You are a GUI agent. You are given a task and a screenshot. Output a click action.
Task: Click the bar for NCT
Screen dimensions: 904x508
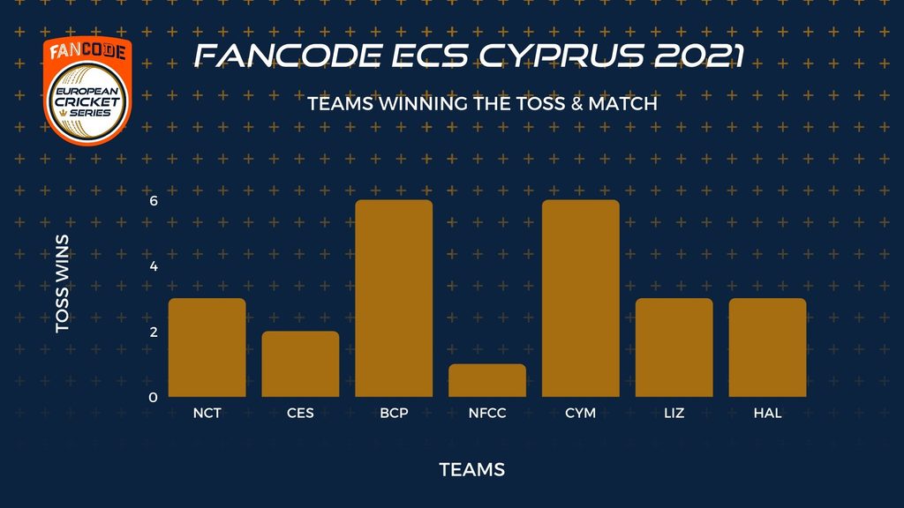(207, 347)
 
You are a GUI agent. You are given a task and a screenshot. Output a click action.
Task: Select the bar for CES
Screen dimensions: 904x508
(300, 364)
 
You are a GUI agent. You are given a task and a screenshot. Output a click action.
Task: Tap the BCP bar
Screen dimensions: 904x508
(394, 298)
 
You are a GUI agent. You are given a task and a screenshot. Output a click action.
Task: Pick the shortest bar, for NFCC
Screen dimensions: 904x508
(487, 380)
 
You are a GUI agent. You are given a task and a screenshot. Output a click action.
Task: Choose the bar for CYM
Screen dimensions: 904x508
(581, 298)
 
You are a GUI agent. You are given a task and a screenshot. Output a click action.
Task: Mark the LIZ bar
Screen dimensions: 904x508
(674, 347)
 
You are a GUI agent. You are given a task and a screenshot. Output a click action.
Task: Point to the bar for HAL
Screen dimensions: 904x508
(767, 347)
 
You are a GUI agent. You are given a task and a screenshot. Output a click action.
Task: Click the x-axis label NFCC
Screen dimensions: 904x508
(487, 413)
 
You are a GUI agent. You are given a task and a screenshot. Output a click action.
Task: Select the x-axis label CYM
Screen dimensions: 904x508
(581, 413)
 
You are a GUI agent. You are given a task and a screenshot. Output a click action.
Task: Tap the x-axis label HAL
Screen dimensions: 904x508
(767, 413)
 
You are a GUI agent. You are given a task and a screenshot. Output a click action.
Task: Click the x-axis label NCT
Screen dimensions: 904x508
(207, 413)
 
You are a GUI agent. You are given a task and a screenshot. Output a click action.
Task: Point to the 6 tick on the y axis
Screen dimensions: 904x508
(154, 201)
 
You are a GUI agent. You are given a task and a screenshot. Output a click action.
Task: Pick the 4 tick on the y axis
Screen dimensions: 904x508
(154, 266)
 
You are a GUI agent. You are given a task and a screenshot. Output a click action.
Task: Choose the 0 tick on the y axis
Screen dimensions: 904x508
(153, 398)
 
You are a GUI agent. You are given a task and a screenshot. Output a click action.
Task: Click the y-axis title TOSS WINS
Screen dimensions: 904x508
(63, 283)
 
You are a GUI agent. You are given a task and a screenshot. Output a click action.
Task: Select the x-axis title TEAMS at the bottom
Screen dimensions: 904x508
(472, 469)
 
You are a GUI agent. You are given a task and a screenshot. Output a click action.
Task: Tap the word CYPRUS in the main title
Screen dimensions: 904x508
(561, 56)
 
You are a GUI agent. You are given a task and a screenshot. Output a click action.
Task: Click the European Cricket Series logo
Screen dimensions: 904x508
(87, 91)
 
